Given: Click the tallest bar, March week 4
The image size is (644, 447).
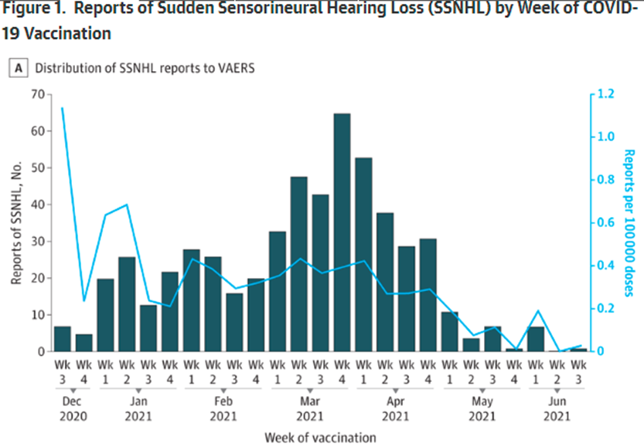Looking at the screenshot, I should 342,232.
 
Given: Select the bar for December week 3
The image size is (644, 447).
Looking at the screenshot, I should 63,339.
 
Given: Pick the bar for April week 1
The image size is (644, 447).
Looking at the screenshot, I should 363,254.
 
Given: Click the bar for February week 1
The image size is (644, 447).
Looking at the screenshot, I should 192,300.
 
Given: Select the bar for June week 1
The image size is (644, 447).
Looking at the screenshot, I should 535,339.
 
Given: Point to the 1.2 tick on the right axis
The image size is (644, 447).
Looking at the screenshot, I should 605,94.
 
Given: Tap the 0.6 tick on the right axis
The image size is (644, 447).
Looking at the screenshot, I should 605,223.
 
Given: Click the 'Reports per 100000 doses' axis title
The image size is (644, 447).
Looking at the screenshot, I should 629,224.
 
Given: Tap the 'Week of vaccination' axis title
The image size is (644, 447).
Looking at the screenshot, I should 320,437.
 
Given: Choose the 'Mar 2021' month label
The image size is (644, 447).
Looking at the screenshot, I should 309,410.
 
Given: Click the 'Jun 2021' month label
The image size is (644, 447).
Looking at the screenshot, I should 556,410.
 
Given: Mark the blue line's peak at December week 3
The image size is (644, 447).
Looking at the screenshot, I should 63,108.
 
